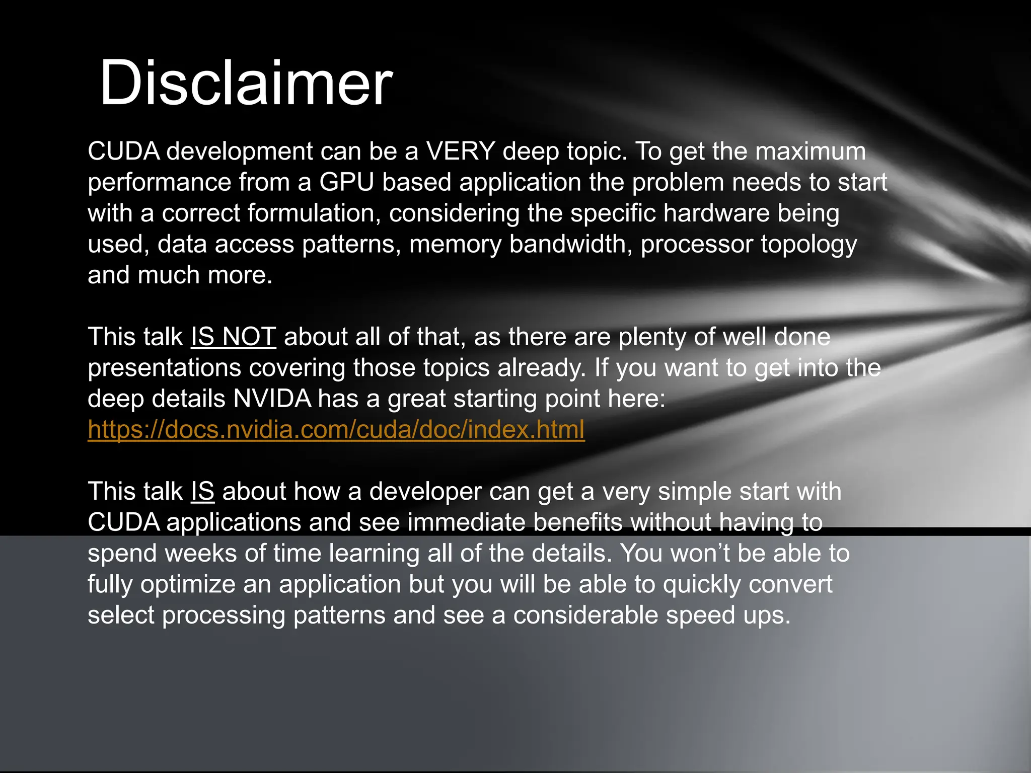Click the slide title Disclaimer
point(246,83)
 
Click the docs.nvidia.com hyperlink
point(336,430)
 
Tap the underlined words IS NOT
point(233,337)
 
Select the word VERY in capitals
point(460,151)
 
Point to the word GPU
point(346,182)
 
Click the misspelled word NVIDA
point(272,399)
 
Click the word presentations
point(164,368)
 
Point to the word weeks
point(201,554)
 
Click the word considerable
point(585,615)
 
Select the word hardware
point(716,213)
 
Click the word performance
point(159,182)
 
